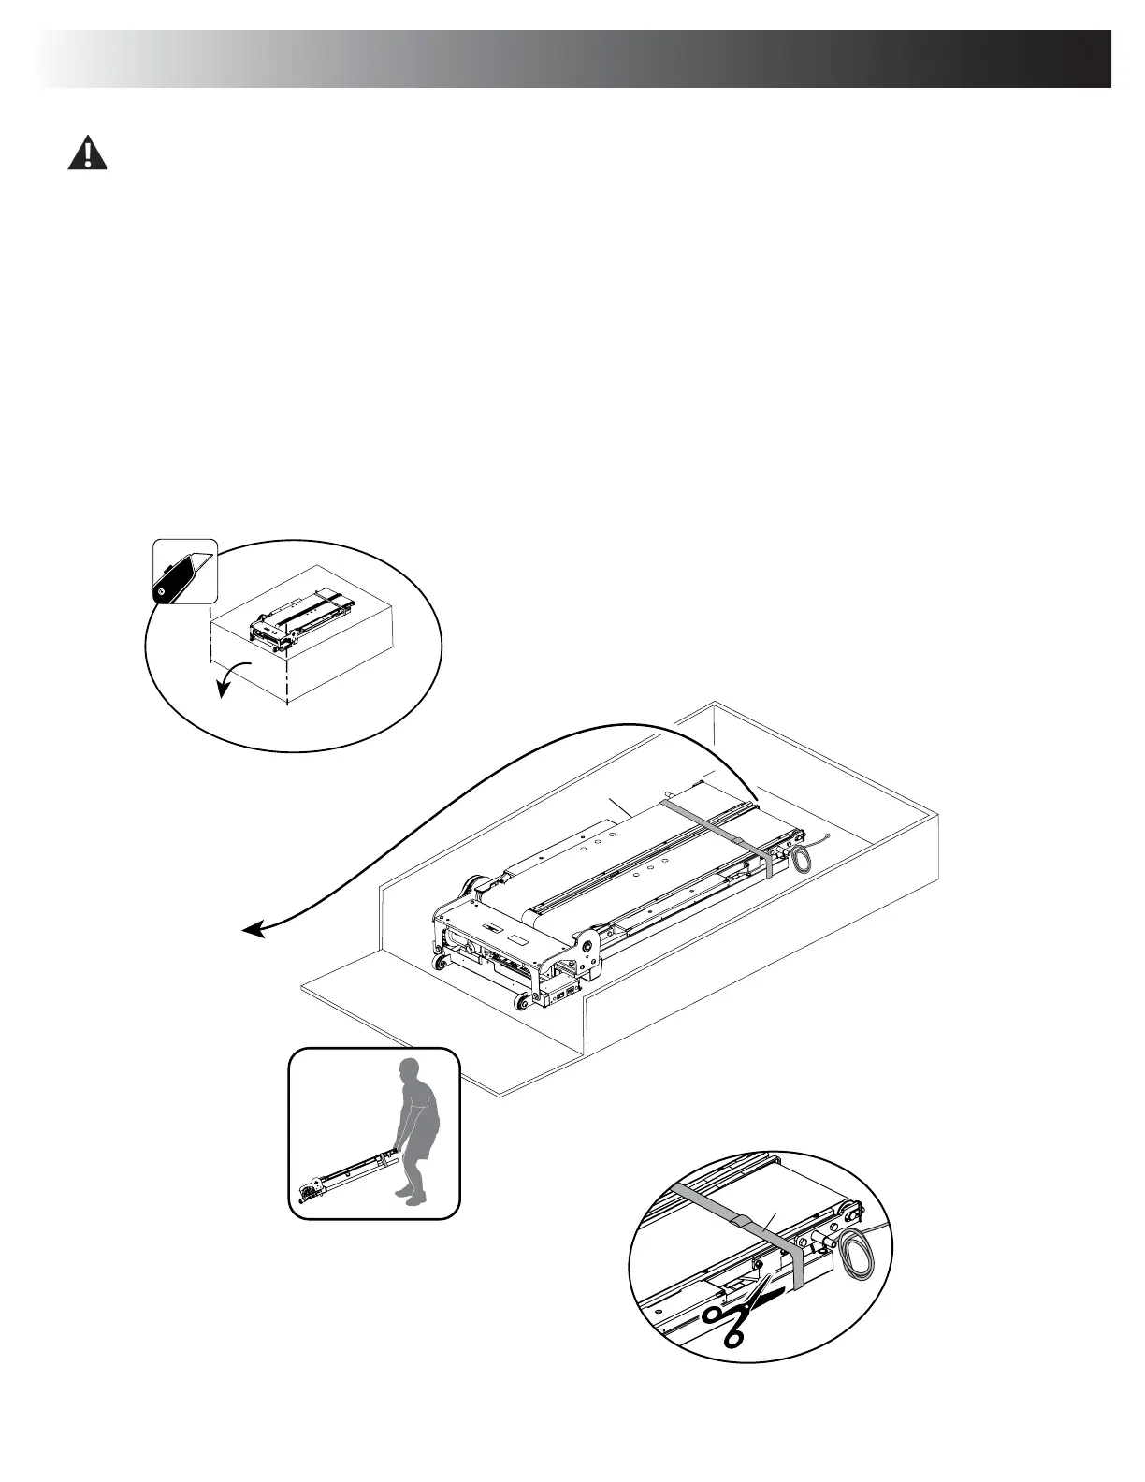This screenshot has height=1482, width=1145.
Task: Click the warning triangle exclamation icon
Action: [87, 153]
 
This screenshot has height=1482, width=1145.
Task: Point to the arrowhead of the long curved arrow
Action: [248, 930]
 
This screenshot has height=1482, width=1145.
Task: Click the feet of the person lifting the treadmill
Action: [409, 1195]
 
